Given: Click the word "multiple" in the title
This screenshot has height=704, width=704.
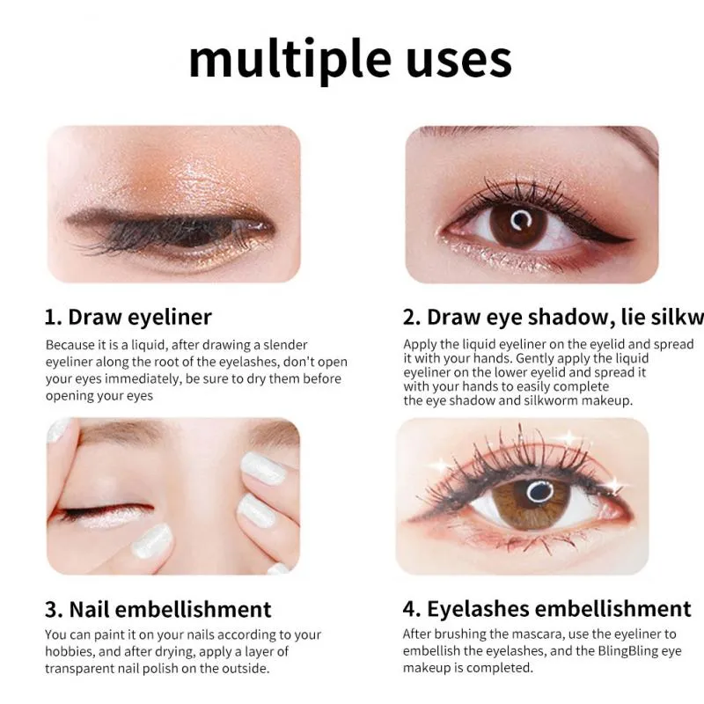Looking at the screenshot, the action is click(x=290, y=60).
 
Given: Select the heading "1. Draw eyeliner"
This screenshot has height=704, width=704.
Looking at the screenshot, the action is click(x=128, y=317).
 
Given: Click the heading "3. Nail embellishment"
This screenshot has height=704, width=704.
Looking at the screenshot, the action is click(x=158, y=609).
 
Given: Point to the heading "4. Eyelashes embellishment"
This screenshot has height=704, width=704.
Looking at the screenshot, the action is click(x=546, y=609).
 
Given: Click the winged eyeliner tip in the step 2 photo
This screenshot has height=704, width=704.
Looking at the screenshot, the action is click(x=632, y=240).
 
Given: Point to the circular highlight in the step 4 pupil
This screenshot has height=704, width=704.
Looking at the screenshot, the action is click(x=539, y=492).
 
